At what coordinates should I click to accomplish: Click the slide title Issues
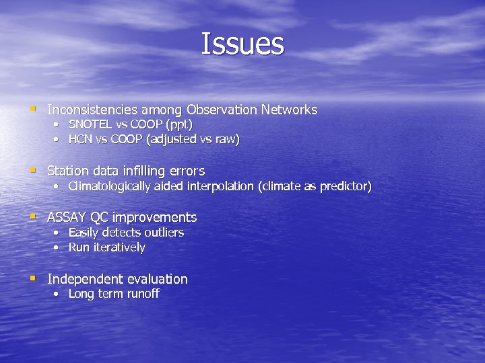pos(243,44)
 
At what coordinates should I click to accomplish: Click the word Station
pos(68,171)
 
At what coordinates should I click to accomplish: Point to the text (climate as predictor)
pos(315,186)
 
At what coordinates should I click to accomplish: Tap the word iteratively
pos(119,247)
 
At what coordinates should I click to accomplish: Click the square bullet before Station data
pos(32,170)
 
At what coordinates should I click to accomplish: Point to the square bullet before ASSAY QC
pos(32,216)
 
